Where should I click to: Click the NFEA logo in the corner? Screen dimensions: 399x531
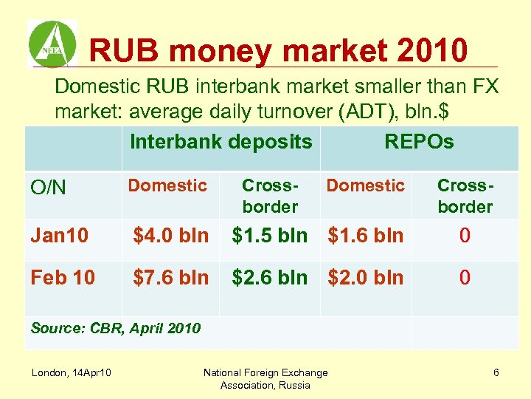(x=52, y=44)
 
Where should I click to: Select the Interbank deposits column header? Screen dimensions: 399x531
(x=221, y=142)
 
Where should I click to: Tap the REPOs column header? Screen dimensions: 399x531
(x=419, y=142)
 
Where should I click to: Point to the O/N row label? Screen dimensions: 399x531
(x=49, y=188)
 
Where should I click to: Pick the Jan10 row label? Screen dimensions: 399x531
(x=60, y=236)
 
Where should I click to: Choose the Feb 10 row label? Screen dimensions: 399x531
(x=63, y=278)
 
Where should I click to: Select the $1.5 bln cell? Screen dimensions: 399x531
(x=270, y=236)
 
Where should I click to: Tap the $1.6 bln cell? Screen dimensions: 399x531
(x=366, y=236)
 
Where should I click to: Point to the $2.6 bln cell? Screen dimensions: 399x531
(x=270, y=278)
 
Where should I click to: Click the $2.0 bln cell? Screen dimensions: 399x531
(x=366, y=278)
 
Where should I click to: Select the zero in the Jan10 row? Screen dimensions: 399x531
(x=465, y=236)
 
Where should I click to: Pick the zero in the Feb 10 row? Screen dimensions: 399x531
(x=465, y=278)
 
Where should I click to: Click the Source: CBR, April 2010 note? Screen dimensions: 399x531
(x=115, y=328)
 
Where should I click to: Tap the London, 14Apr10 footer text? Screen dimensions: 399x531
(x=72, y=372)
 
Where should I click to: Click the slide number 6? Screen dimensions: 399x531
(x=496, y=372)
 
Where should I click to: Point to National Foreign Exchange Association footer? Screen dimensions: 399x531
(x=265, y=378)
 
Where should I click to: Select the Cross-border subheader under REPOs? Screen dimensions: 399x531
(x=465, y=196)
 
